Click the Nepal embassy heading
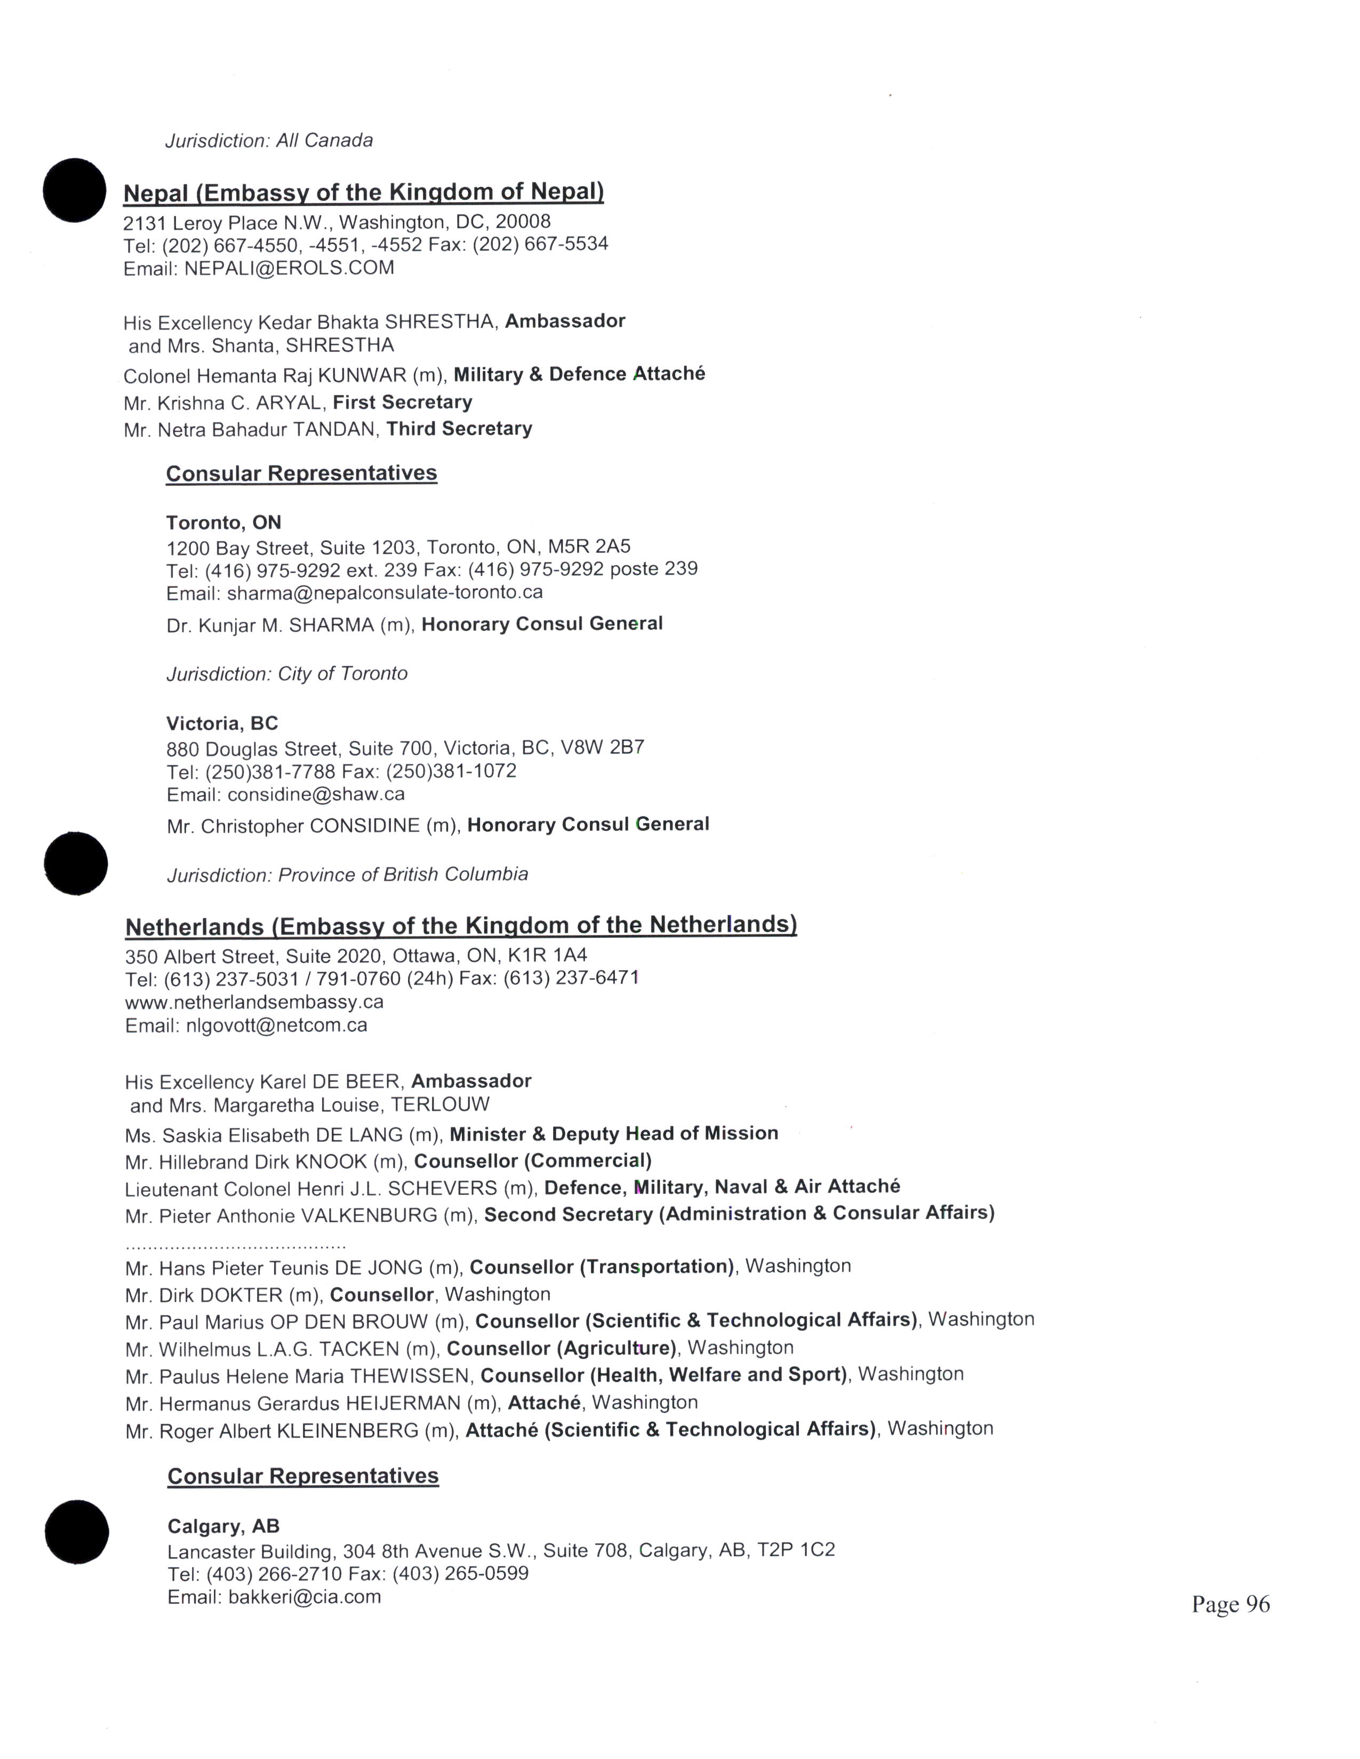coord(363,192)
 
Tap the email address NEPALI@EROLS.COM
coord(289,268)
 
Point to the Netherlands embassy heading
coord(461,925)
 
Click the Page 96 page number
coord(1230,1604)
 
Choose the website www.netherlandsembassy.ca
coord(254,1002)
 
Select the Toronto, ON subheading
coord(223,523)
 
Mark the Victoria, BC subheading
coord(221,723)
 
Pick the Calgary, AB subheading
coord(223,1526)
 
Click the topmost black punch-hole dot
coord(74,190)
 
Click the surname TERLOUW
coord(440,1105)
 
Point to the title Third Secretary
coord(459,429)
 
